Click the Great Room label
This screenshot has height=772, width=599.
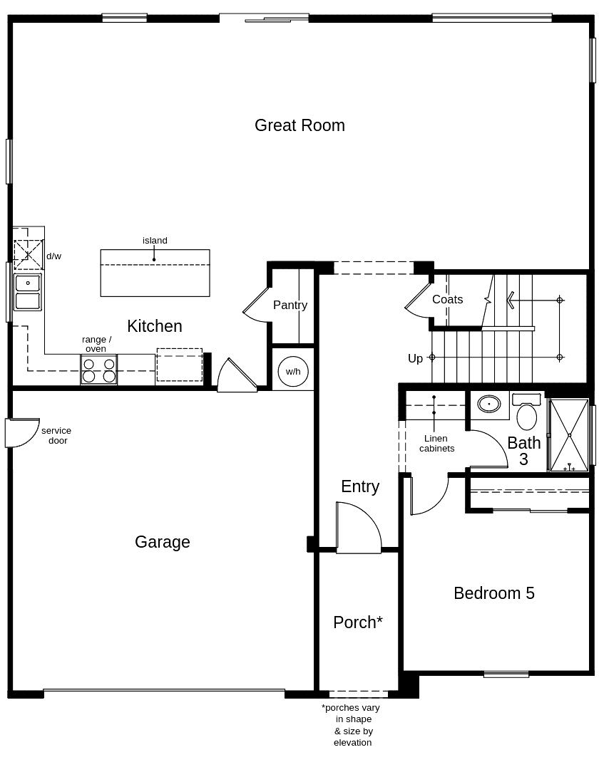tap(299, 125)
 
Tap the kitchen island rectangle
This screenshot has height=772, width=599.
tap(155, 273)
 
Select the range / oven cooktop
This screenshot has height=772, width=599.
tap(98, 370)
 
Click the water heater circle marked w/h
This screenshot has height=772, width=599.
tap(293, 372)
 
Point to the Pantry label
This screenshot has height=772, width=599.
tap(290, 305)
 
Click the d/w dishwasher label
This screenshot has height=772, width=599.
tap(54, 256)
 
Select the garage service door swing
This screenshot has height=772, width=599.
tap(21, 432)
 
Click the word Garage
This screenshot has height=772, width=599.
tap(163, 542)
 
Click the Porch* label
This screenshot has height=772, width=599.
tap(358, 622)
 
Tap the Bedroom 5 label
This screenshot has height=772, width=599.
tap(494, 593)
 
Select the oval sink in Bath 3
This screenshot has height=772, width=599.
tap(488, 404)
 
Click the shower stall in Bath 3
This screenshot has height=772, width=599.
tap(569, 434)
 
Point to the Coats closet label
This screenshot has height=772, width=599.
tap(447, 299)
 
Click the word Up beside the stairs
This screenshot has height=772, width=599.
tap(416, 358)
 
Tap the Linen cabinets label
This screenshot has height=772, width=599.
tap(436, 444)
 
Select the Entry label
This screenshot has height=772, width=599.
tap(360, 486)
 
